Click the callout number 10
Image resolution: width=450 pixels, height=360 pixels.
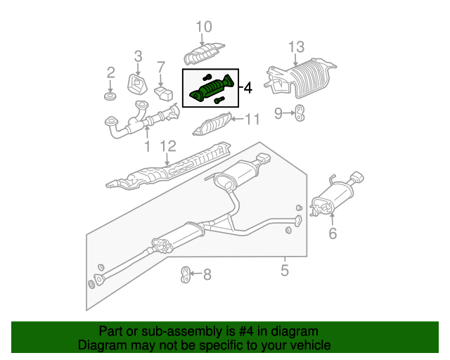203,27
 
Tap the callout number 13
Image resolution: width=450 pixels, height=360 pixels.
296,47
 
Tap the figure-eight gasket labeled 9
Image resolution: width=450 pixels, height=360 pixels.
299,112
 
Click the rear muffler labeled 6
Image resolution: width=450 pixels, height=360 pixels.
333,199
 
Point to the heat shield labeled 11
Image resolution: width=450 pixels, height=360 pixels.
212,128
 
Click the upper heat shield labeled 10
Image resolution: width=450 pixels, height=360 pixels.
204,53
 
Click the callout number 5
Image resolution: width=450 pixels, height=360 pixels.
285,269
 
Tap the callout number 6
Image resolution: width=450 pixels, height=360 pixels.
333,233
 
